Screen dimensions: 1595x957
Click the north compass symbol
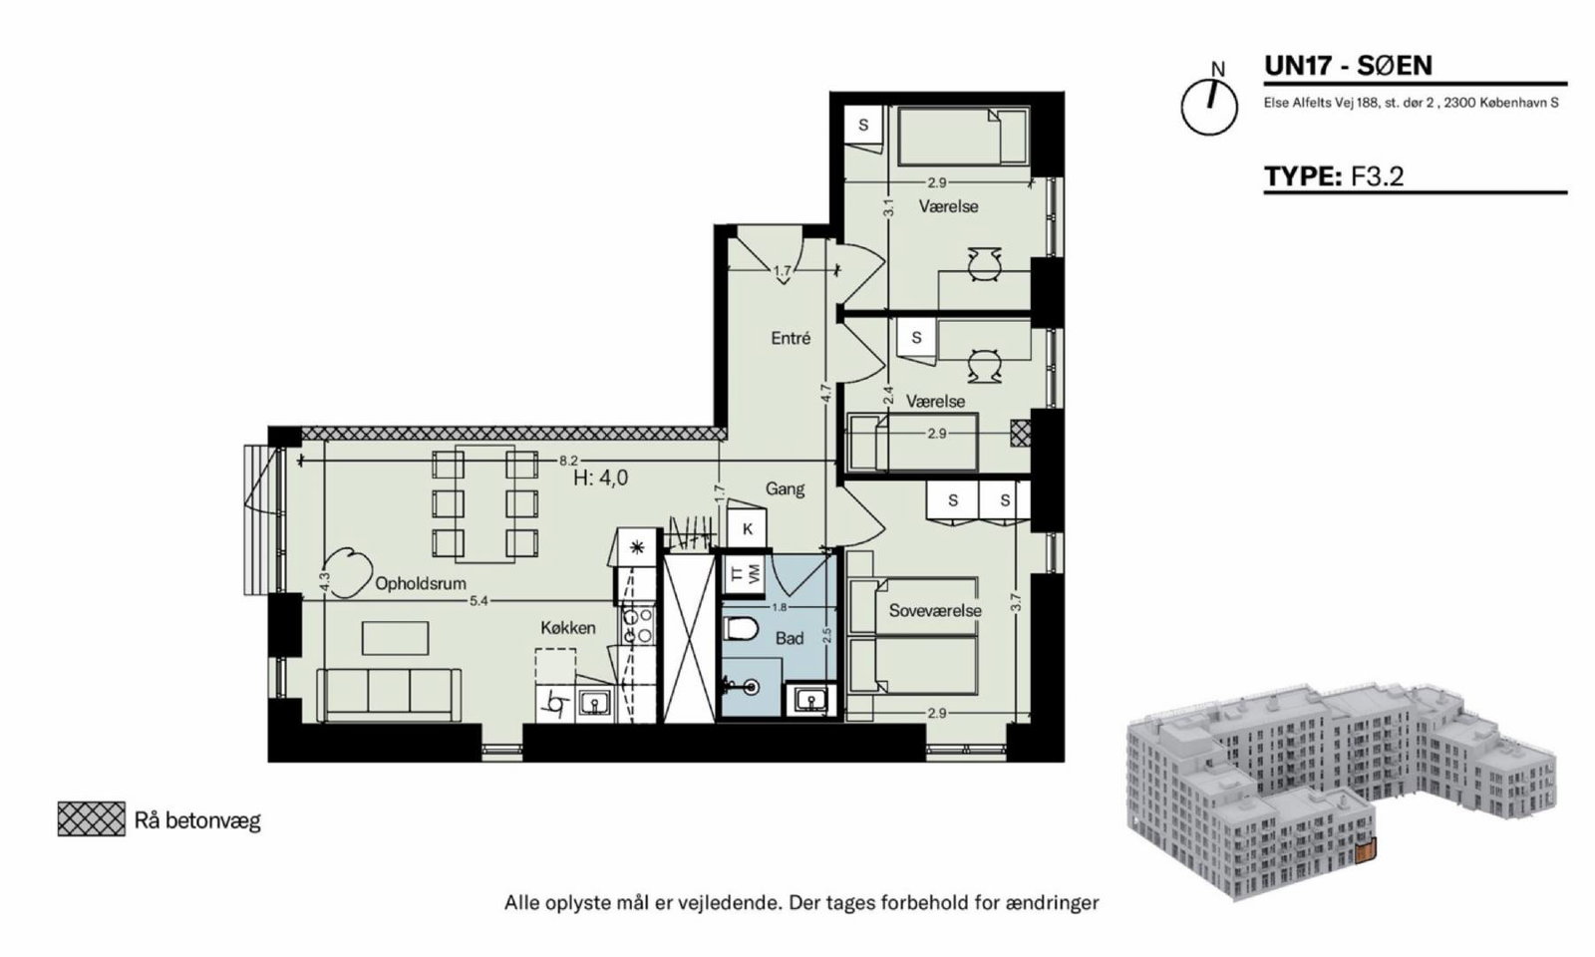click(1209, 107)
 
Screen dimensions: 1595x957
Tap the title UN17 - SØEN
click(1348, 66)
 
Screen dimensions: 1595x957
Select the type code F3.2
click(1377, 175)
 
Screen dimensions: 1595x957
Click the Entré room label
click(791, 338)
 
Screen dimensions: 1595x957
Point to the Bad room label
click(789, 638)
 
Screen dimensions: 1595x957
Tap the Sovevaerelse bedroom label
click(935, 610)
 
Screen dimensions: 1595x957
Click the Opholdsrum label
click(420, 584)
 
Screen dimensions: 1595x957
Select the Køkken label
click(567, 627)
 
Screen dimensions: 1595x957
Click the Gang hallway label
click(785, 488)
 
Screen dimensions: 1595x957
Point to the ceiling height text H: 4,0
click(601, 478)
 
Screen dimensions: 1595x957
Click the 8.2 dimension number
click(568, 462)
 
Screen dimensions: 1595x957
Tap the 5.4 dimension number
click(478, 601)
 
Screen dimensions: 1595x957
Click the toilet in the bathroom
click(741, 629)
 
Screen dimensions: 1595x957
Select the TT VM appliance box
click(744, 574)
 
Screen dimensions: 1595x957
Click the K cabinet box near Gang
click(747, 528)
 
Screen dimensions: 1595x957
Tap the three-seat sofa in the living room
click(389, 695)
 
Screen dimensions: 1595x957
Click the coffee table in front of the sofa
click(395, 638)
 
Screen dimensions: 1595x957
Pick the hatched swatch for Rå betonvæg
click(91, 818)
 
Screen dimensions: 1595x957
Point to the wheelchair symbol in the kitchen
click(557, 704)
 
